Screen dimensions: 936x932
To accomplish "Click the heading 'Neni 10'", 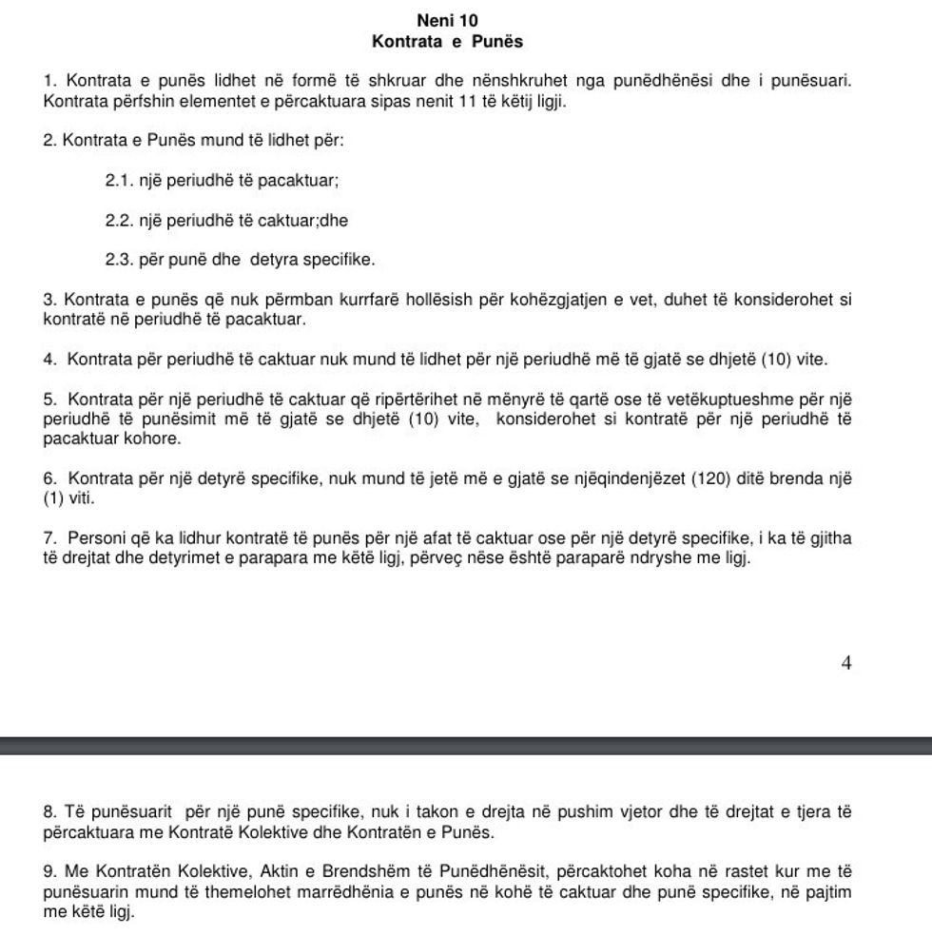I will click(x=447, y=20).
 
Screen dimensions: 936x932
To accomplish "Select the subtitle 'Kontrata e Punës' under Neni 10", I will click(x=447, y=42).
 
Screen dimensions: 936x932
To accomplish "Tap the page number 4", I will click(x=846, y=664).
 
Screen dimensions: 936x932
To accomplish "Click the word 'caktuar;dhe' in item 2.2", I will click(x=309, y=220).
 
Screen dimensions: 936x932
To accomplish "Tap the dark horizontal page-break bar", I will click(x=466, y=744).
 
